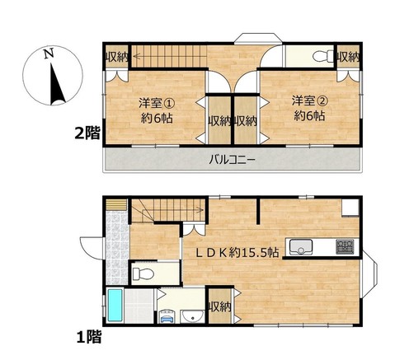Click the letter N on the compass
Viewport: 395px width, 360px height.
pos(49,54)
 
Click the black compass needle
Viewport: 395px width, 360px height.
pos(57,84)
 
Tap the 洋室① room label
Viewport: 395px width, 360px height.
pos(157,103)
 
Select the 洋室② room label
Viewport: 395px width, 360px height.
pos(310,101)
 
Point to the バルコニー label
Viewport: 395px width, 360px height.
pos(233,159)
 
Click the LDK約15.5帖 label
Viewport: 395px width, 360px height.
pos(237,252)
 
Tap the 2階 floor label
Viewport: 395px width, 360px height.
pos(87,133)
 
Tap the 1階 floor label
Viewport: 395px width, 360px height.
pos(89,337)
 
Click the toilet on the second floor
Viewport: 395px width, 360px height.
pos(323,56)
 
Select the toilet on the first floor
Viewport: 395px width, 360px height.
pos(143,274)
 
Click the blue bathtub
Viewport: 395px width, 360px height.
pos(115,305)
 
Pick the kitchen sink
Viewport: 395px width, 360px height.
pos(301,247)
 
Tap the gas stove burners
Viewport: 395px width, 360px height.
pos(345,246)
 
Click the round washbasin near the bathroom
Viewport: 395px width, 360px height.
pos(193,316)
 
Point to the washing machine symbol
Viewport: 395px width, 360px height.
pos(167,316)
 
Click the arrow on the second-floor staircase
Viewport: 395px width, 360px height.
pos(170,57)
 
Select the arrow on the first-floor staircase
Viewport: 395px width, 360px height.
pos(171,210)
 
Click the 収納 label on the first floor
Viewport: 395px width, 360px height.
pos(219,306)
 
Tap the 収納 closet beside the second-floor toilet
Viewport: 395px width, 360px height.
pos(348,57)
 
